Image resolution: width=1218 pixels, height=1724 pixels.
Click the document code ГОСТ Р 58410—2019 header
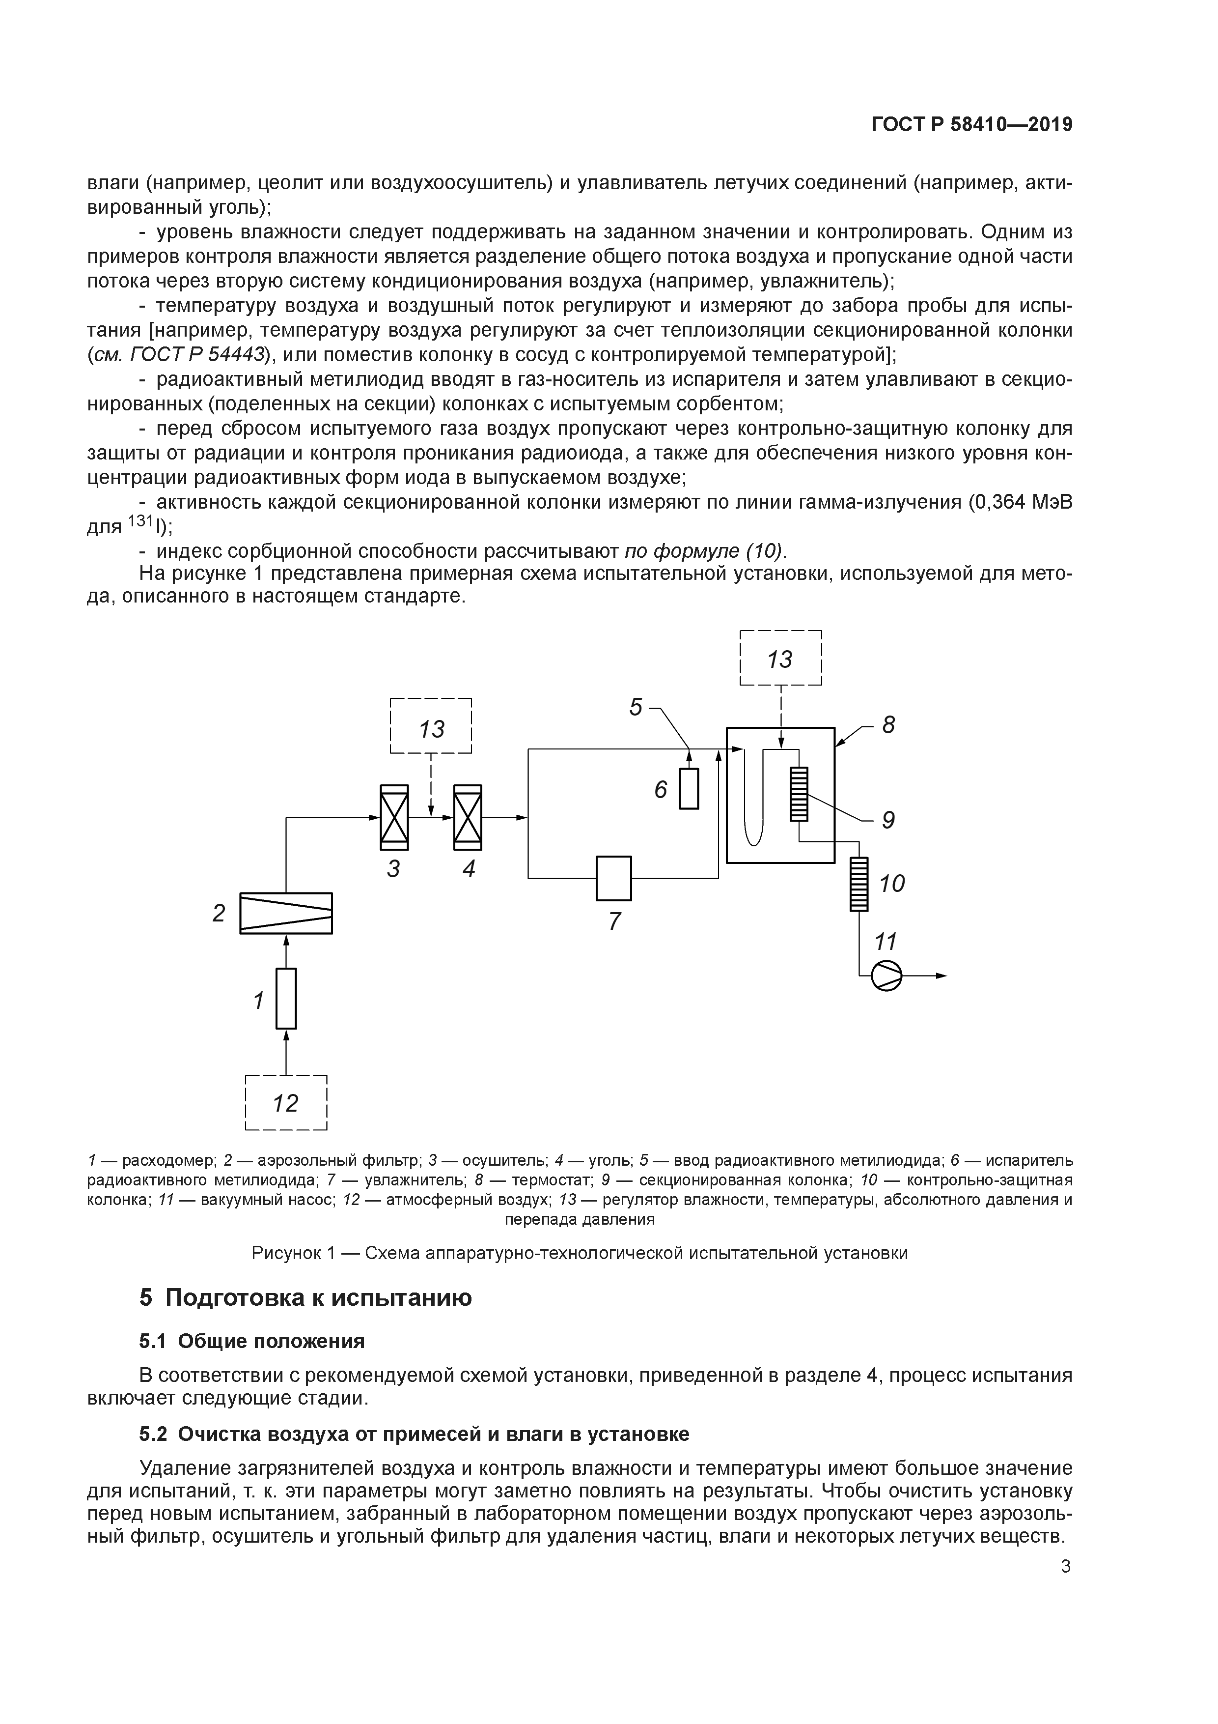click(971, 125)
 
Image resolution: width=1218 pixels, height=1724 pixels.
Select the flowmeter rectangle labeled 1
click(286, 998)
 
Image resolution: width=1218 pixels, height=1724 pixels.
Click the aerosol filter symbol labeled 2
click(286, 913)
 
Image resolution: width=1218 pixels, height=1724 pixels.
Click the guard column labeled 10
click(858, 885)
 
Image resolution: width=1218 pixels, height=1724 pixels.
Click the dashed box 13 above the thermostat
click(780, 659)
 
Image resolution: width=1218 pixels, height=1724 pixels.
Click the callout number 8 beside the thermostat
click(888, 724)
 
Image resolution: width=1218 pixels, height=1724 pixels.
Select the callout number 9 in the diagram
click(888, 820)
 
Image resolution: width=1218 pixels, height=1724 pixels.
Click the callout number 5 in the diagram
click(636, 707)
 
